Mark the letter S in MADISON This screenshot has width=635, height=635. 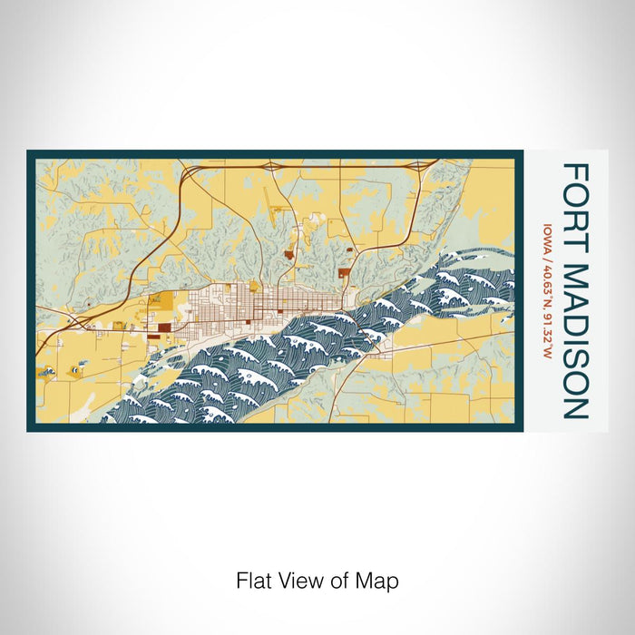click(576, 353)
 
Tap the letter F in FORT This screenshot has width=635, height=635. click(576, 171)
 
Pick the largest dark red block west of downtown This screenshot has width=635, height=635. click(163, 328)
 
